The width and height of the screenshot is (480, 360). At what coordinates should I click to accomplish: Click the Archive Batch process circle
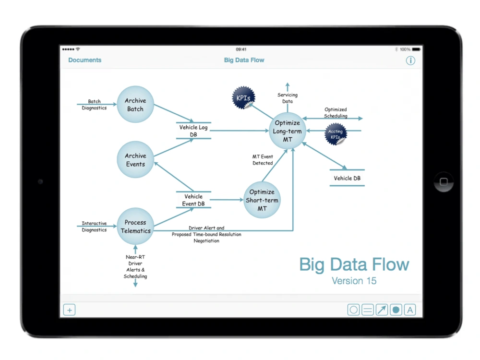point(135,104)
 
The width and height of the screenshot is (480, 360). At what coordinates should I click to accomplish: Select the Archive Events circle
point(135,159)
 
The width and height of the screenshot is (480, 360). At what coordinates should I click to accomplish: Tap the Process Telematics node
point(135,226)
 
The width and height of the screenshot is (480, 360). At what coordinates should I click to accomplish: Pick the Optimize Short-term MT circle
point(262,200)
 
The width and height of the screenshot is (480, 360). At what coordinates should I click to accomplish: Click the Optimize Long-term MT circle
point(287,131)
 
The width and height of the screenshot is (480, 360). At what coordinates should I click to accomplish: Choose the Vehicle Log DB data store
point(193,131)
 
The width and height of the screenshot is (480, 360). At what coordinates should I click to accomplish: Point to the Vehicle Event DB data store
point(193,200)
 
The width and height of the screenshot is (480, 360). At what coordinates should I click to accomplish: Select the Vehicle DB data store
point(347,178)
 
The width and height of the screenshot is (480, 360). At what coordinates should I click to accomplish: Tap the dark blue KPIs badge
point(243,97)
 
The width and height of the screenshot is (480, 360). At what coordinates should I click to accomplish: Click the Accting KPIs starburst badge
point(336,134)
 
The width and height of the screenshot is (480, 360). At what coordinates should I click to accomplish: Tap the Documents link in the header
point(85,60)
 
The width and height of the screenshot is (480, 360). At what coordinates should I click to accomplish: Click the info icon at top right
point(410,60)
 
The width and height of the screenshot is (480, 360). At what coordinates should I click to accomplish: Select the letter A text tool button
point(410,310)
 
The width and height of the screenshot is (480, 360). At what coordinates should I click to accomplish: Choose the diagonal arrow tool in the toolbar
point(382,310)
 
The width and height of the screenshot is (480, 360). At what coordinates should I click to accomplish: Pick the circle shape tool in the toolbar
point(354,310)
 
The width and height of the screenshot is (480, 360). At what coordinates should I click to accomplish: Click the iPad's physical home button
point(444,182)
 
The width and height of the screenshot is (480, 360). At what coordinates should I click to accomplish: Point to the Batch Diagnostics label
point(94,104)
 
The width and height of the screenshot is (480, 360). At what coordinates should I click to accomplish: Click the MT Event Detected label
point(263,160)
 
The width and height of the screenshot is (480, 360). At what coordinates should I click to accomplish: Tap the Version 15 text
point(354,281)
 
